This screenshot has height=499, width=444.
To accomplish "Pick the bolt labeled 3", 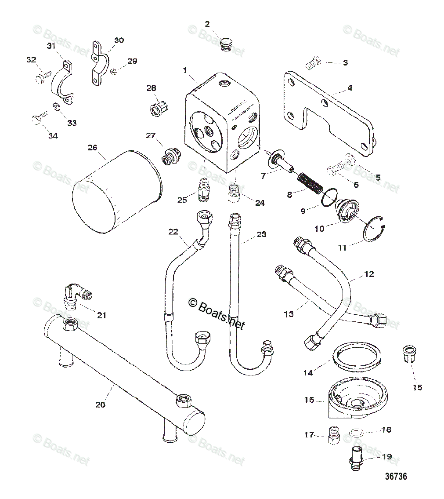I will (x=312, y=64).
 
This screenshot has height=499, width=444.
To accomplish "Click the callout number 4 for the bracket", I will (x=350, y=87).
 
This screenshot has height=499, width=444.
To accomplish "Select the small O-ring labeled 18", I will (x=356, y=433).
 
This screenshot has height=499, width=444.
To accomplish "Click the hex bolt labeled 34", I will (x=37, y=120).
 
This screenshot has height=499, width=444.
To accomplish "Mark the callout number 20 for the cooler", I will (x=101, y=404).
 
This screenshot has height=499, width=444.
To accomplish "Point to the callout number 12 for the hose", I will (x=369, y=274).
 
